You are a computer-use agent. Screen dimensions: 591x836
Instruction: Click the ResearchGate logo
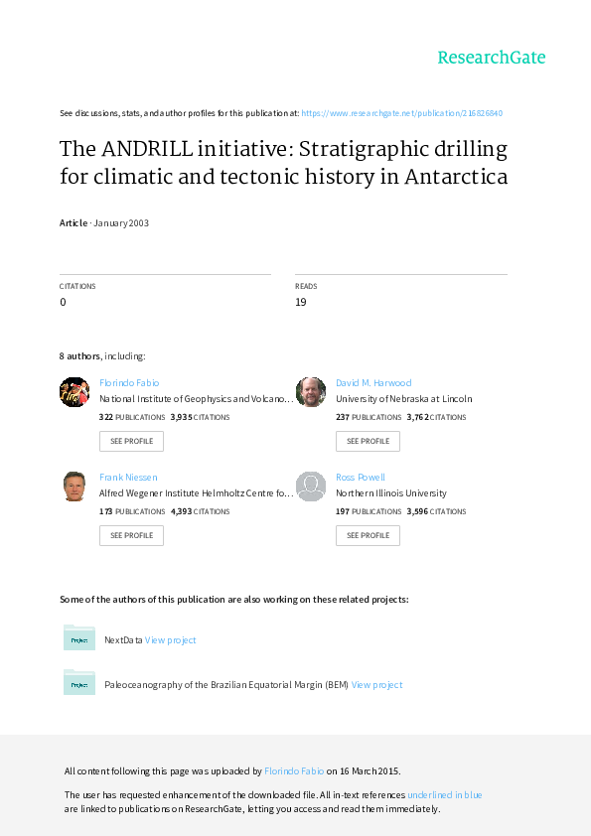[x=492, y=58]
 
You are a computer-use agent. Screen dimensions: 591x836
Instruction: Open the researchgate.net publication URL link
[x=401, y=113]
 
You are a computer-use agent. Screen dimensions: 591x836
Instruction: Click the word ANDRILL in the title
[x=147, y=149]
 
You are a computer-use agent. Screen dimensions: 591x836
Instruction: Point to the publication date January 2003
[x=121, y=222]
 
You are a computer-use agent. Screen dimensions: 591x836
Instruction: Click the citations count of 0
[x=63, y=302]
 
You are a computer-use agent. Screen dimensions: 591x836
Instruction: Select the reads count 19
[x=301, y=302]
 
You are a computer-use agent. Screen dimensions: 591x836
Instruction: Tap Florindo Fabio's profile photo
[x=74, y=392]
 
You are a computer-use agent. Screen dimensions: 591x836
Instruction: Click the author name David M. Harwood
[x=373, y=383]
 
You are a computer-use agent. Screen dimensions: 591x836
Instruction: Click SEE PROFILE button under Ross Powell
[x=368, y=535]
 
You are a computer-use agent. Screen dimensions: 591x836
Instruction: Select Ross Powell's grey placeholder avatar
[x=311, y=487]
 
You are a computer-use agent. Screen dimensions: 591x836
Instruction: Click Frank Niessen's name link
[x=128, y=478]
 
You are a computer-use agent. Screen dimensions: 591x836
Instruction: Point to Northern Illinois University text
[x=391, y=493]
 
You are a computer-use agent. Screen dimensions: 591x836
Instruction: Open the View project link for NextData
[x=170, y=639]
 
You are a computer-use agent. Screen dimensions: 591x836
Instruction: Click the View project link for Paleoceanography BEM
[x=376, y=684]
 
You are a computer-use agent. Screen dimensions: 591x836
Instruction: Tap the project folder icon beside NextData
[x=79, y=637]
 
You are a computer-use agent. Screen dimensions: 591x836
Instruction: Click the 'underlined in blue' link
[x=445, y=795]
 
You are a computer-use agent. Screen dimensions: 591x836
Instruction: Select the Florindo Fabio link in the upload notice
[x=294, y=770]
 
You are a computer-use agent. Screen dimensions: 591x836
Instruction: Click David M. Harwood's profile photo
[x=311, y=392]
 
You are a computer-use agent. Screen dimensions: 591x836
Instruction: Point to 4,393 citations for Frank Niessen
[x=200, y=511]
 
